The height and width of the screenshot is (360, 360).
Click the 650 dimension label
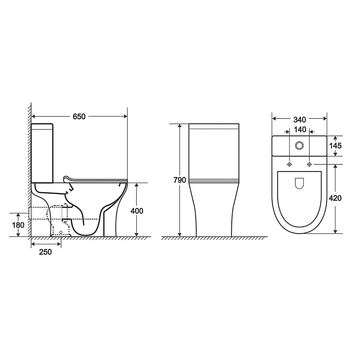point(79,117)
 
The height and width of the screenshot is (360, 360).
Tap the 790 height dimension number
point(180,180)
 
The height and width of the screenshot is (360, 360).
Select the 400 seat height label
point(137,211)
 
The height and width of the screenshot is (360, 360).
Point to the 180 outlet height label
point(18,225)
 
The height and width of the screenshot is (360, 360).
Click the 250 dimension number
point(45,252)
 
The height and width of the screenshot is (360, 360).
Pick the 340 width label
point(300,120)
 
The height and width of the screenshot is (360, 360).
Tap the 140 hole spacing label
point(300,130)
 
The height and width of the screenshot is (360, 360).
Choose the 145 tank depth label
point(335,145)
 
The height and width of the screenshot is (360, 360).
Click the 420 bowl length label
point(335,198)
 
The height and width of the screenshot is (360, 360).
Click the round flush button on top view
point(299,145)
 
